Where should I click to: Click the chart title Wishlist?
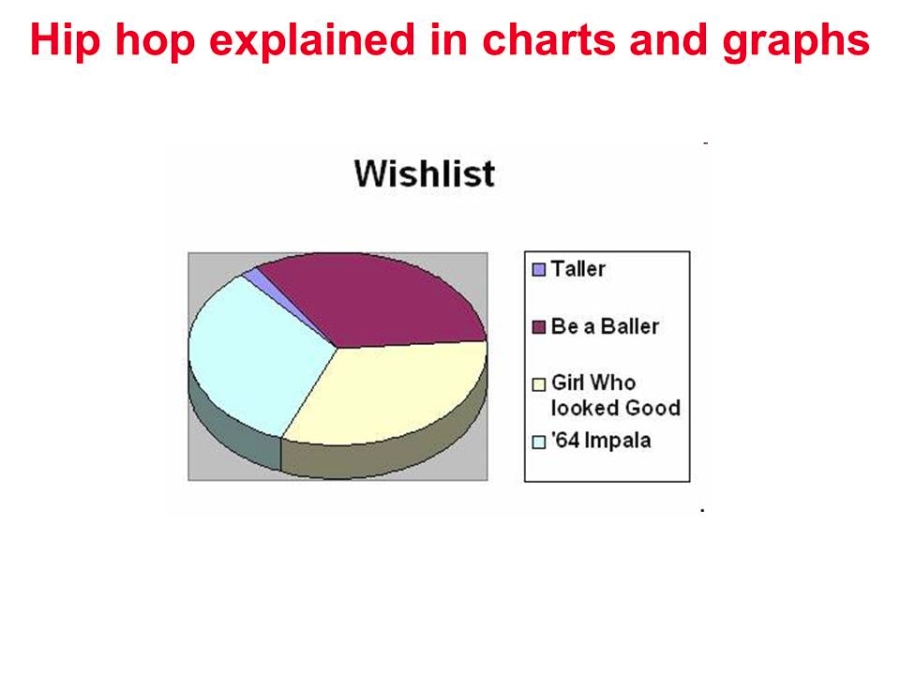(x=424, y=173)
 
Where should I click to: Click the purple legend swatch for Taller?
(x=539, y=269)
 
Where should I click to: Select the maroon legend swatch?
(x=539, y=327)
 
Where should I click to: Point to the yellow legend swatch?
(x=539, y=384)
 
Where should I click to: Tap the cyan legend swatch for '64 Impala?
(x=539, y=441)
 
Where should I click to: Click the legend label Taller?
(x=578, y=269)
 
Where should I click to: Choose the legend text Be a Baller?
(x=605, y=326)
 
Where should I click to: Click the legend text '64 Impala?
(x=601, y=440)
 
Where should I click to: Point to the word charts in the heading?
(x=549, y=40)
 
